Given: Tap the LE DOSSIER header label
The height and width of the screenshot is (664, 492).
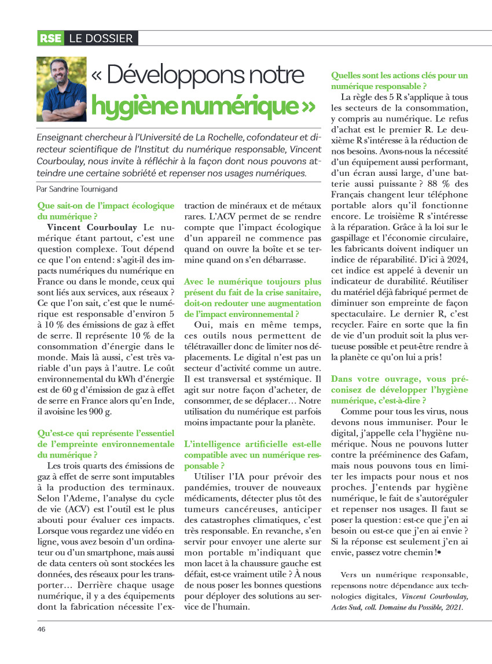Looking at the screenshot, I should tap(101, 39).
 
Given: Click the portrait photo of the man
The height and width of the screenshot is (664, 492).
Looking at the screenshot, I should tap(61, 88).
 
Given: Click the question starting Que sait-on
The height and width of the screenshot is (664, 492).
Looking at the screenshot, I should tap(105, 211).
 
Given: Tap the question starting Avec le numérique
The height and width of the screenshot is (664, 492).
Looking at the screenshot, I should tap(252, 298).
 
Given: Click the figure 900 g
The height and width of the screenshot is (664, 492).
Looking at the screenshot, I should tap(106, 412).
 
